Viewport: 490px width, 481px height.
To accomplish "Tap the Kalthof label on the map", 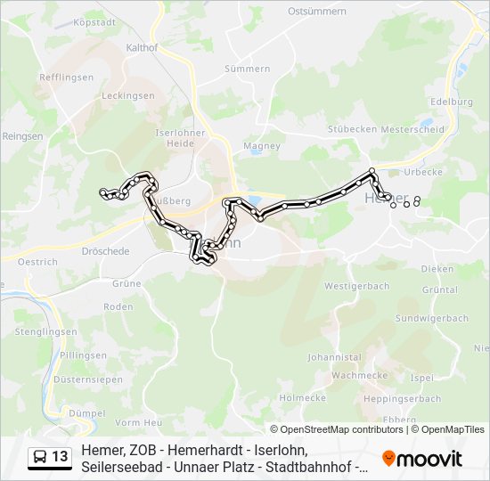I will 143,47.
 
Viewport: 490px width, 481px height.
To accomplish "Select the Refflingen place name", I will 67,77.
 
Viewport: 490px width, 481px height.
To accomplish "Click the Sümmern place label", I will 247,69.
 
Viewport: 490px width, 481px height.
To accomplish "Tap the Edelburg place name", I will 451,102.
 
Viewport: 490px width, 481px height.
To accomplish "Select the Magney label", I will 262,145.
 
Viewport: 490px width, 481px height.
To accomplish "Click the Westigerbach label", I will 356,286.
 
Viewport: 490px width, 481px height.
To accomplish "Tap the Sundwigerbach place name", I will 431,318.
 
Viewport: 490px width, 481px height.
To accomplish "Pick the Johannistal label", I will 333,356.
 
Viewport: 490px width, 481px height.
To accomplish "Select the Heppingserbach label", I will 404,398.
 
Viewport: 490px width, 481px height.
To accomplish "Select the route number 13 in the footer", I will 60,457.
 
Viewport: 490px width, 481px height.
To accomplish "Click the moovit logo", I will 422,459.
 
